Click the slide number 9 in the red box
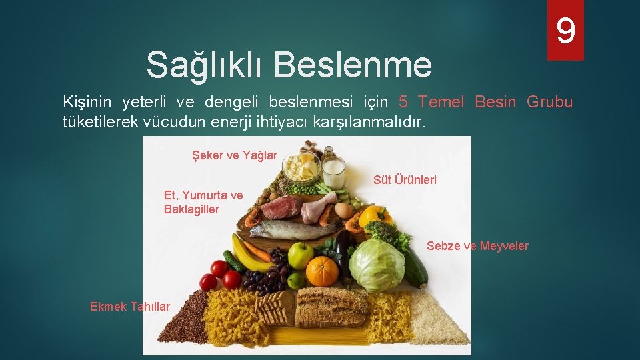coord(565,31)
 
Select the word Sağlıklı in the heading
coord(204,65)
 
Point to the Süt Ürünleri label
coord(405,180)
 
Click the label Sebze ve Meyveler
coord(477,246)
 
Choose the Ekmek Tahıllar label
coord(130,307)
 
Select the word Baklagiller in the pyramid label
coord(191,209)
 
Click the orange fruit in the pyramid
coord(322,271)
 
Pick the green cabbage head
coord(377,265)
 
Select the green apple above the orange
coord(301,255)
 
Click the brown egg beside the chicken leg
coord(343,210)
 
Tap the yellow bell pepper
coord(375,217)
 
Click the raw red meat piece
coord(281,207)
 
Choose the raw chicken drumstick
coord(317,206)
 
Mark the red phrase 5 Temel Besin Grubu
coord(485,102)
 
